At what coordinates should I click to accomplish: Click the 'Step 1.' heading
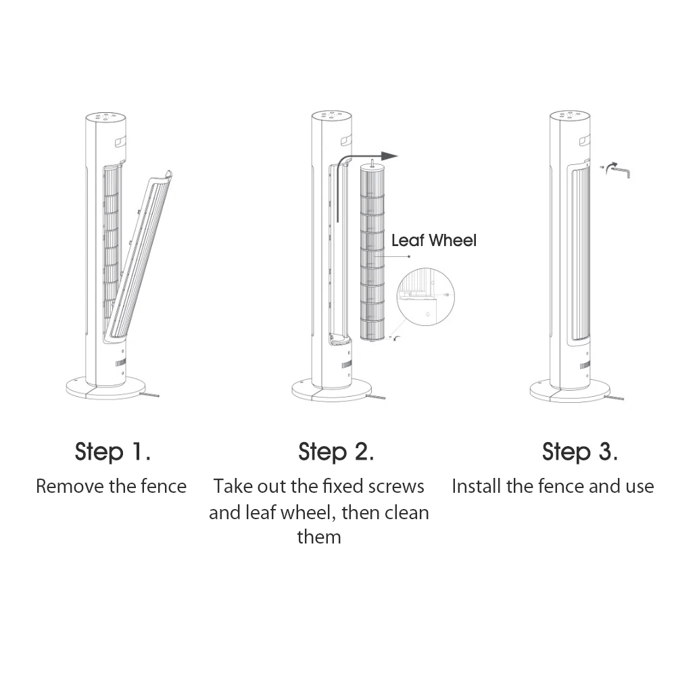click(x=112, y=452)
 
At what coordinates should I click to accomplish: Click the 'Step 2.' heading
click(x=336, y=452)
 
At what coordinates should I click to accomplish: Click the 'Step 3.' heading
click(x=579, y=452)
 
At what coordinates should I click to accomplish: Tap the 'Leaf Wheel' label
click(x=433, y=240)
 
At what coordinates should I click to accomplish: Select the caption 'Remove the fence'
click(x=111, y=486)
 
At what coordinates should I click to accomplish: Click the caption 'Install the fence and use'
click(x=552, y=486)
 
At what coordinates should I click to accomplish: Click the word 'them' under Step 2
click(x=319, y=537)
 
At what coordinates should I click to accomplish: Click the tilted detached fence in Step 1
click(x=140, y=257)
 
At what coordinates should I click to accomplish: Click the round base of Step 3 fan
click(x=569, y=390)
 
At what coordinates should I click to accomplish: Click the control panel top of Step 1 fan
click(x=105, y=118)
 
